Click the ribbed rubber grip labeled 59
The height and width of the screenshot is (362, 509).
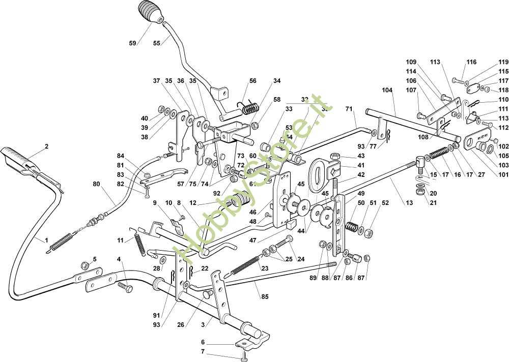(149, 14)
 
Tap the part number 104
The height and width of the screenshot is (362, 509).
(387, 89)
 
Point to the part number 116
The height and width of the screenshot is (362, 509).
(472, 62)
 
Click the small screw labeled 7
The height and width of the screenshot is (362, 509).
(246, 354)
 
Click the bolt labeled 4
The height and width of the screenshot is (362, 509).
(125, 287)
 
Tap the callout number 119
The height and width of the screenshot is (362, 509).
(503, 63)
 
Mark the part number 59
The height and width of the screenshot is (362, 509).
(132, 43)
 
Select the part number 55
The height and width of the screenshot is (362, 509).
(157, 43)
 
